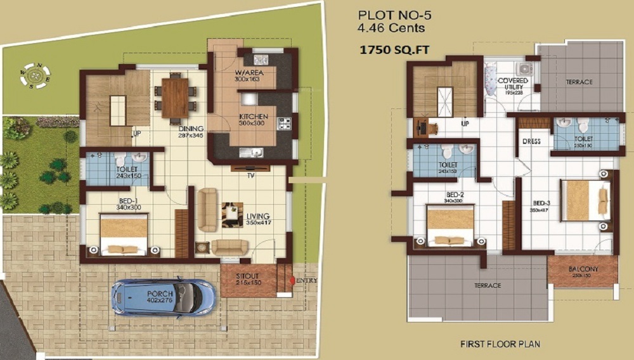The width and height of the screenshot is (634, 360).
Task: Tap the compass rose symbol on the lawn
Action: click(36, 74)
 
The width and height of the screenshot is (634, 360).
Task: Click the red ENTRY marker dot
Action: click(292, 280)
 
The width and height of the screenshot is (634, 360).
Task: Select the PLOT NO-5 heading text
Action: click(386, 15)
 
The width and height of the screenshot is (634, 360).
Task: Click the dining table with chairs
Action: click(174, 98)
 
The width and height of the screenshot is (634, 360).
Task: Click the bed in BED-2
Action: click(450, 226)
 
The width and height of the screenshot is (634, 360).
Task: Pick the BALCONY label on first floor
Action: click(581, 269)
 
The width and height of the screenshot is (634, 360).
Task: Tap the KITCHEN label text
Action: click(253, 117)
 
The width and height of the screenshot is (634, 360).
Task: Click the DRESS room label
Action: click(531, 141)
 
